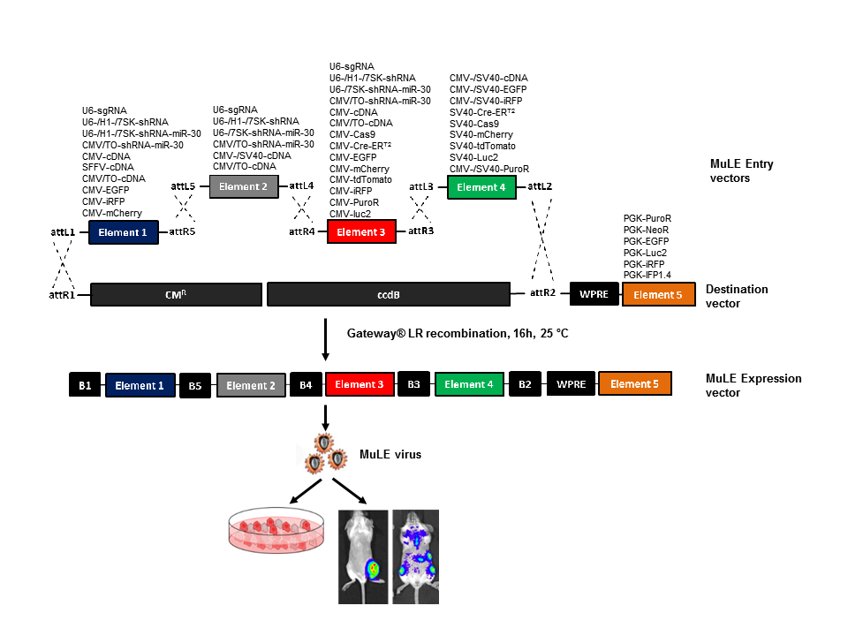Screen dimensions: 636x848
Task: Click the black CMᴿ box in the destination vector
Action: (x=176, y=294)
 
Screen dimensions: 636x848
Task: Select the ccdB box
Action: (x=389, y=294)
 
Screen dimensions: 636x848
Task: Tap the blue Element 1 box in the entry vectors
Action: (x=124, y=231)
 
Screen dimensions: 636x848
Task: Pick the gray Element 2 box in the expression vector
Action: (x=246, y=385)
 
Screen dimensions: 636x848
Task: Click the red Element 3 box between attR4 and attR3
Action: (x=362, y=231)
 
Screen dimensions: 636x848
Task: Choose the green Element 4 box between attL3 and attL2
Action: (x=481, y=187)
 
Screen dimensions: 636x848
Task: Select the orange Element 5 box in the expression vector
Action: (x=634, y=384)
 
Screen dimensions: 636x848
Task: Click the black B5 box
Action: (x=194, y=386)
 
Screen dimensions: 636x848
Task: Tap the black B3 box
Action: (x=413, y=385)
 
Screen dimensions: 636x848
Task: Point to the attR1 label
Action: (x=62, y=295)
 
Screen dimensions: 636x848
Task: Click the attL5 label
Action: (x=183, y=186)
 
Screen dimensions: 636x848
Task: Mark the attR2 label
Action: (x=542, y=292)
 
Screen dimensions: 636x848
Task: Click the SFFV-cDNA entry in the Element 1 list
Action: (x=108, y=167)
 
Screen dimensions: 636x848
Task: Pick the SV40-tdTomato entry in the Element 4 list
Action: (x=483, y=146)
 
